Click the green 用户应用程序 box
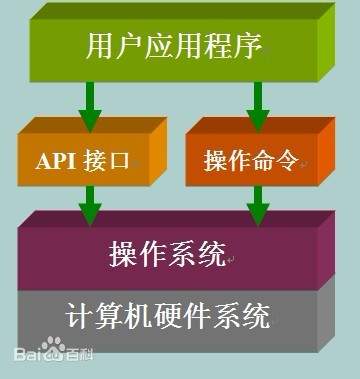[x=175, y=45]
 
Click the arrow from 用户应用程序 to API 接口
[x=89, y=101]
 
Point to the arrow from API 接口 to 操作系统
[x=89, y=206]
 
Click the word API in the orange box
[x=59, y=161]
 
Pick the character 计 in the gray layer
[x=79, y=318]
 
